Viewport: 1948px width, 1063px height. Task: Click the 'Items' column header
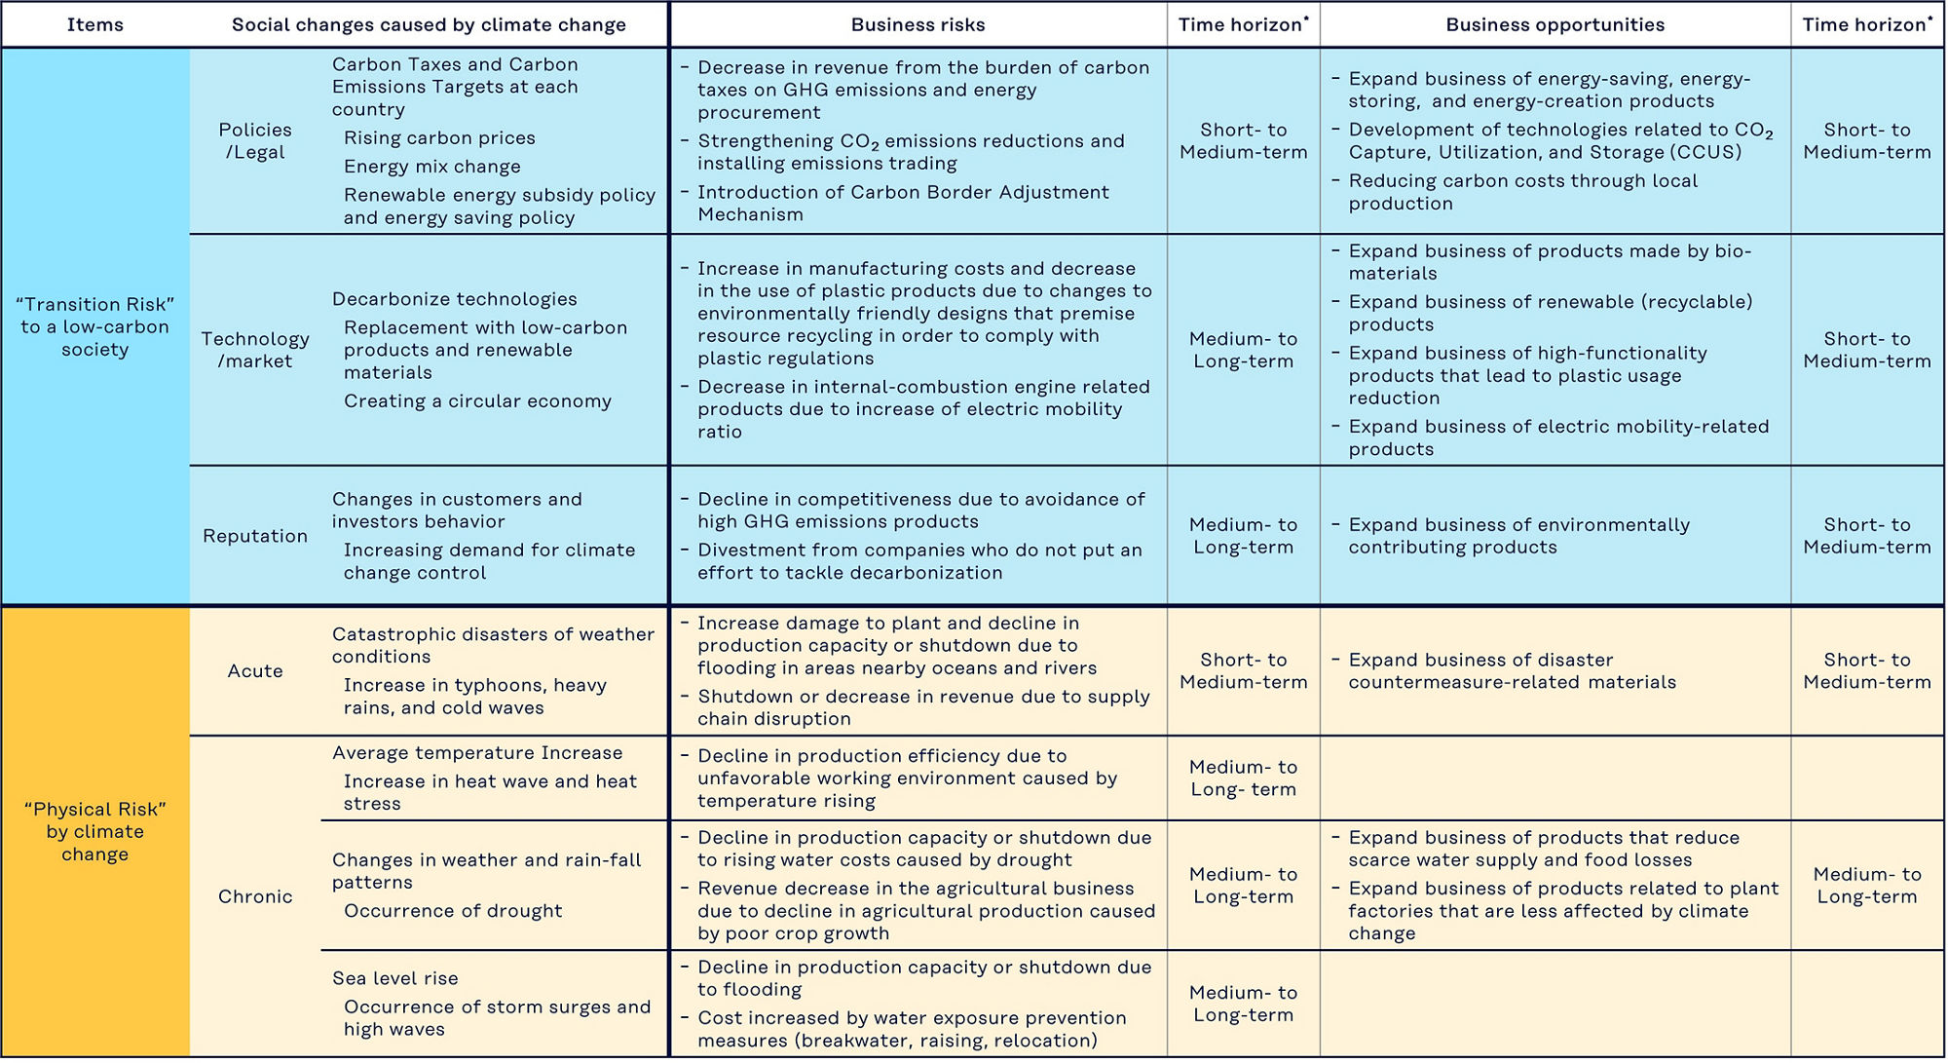(95, 25)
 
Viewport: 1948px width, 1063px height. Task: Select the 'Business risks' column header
(918, 25)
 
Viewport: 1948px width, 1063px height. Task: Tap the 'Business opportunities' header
(1555, 25)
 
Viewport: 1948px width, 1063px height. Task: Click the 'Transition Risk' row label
(95, 327)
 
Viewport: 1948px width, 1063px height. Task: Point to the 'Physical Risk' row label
(95, 831)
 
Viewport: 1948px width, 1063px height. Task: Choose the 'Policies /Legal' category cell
(255, 141)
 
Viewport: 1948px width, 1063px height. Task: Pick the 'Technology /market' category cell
(255, 350)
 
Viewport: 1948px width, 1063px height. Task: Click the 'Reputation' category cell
(255, 536)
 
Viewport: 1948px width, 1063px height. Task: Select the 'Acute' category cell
(255, 671)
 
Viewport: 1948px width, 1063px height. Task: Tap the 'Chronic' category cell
(255, 896)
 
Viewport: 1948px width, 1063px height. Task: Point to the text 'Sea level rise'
(394, 978)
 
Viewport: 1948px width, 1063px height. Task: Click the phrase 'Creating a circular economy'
(477, 401)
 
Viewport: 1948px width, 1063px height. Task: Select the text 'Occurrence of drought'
(453, 911)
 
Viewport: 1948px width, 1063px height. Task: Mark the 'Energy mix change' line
(431, 167)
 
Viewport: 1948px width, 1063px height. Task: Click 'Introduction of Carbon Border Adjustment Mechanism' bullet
(902, 204)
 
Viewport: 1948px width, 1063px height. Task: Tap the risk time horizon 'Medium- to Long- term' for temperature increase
(1243, 778)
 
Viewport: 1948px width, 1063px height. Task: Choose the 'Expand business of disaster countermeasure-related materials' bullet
(1512, 671)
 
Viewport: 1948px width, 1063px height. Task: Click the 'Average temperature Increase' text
(476, 753)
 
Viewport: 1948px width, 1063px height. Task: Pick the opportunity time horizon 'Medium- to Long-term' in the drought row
(1866, 886)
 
